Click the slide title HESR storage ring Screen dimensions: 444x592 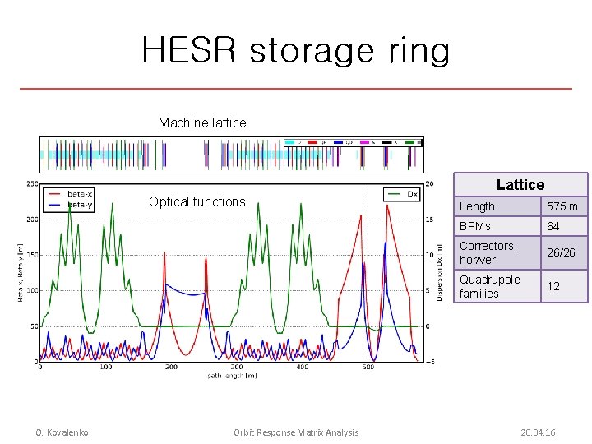click(296, 50)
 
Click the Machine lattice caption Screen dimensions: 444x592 click(202, 123)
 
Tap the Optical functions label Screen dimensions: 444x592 click(197, 201)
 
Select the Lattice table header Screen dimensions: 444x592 click(520, 185)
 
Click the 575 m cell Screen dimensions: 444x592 click(563, 206)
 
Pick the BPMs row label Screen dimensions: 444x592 click(475, 226)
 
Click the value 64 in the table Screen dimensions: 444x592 click(554, 226)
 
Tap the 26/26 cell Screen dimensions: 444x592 click(562, 252)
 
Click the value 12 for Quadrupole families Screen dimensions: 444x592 click(554, 286)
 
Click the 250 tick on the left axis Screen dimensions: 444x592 click(31, 184)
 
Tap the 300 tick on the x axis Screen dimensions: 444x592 click(237, 367)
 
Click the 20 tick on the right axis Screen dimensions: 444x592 click(429, 184)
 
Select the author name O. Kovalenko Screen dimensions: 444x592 click(62, 432)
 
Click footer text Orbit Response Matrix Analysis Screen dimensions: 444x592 click(296, 432)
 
